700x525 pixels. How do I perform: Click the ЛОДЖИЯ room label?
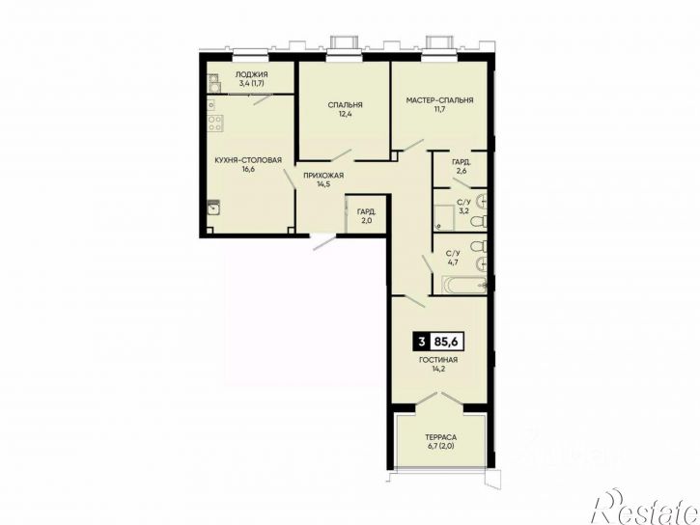pos(252,74)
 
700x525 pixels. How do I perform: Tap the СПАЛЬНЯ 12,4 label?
pos(345,109)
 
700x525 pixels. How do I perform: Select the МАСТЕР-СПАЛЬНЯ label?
pos(439,100)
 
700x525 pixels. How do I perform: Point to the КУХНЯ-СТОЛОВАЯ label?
pos(248,160)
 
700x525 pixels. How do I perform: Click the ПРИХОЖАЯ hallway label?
pos(323,176)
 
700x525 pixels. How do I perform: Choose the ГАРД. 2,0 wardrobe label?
pos(366,215)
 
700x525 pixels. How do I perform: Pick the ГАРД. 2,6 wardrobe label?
pos(462,166)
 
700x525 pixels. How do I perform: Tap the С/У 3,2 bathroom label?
pos(462,207)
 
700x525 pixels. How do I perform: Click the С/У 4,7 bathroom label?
pos(453,259)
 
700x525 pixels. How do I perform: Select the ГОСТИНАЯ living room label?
pos(438,360)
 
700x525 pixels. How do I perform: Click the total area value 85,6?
pos(447,343)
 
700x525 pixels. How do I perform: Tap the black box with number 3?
pos(421,343)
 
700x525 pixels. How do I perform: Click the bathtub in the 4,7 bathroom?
pos(463,286)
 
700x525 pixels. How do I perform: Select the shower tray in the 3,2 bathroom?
pos(445,218)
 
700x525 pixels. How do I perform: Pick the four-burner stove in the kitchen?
pos(215,123)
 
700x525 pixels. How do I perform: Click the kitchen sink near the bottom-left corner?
pos(213,207)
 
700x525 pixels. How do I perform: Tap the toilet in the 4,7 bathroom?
pos(479,246)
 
